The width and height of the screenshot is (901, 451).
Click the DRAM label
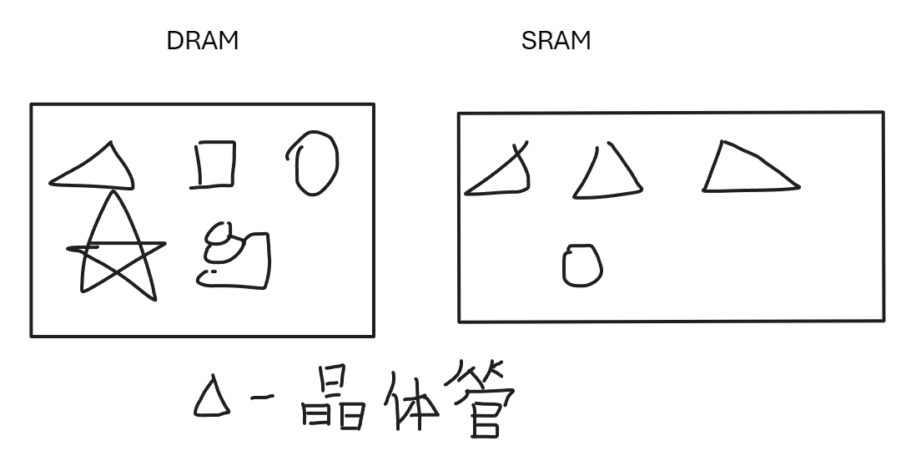pyautogui.click(x=203, y=41)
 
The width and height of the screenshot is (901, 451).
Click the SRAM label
pyautogui.click(x=556, y=41)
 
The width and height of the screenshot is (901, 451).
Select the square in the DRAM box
pyautogui.click(x=216, y=165)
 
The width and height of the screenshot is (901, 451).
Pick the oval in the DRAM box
pyautogui.click(x=315, y=165)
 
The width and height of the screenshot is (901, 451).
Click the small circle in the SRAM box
pyautogui.click(x=582, y=266)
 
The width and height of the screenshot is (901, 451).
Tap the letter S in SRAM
pyautogui.click(x=529, y=41)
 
